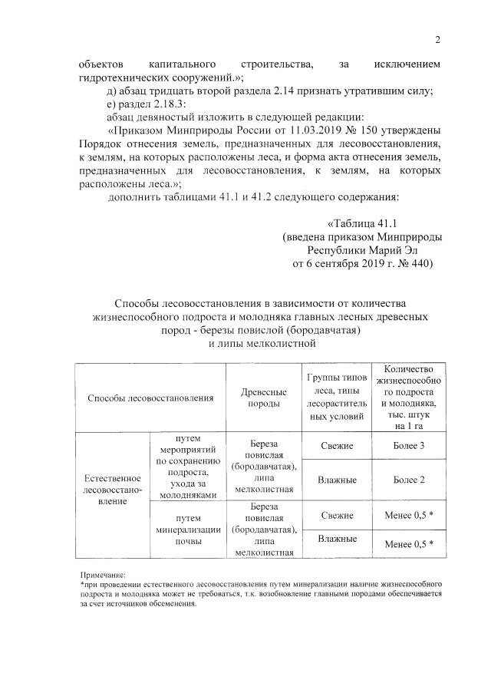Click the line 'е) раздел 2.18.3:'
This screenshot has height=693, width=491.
[147, 104]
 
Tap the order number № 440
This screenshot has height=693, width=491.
[413, 263]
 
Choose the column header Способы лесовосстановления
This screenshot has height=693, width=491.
[150, 398]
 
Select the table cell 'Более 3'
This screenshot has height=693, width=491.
[408, 446]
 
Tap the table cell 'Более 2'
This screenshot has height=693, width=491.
[408, 480]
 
